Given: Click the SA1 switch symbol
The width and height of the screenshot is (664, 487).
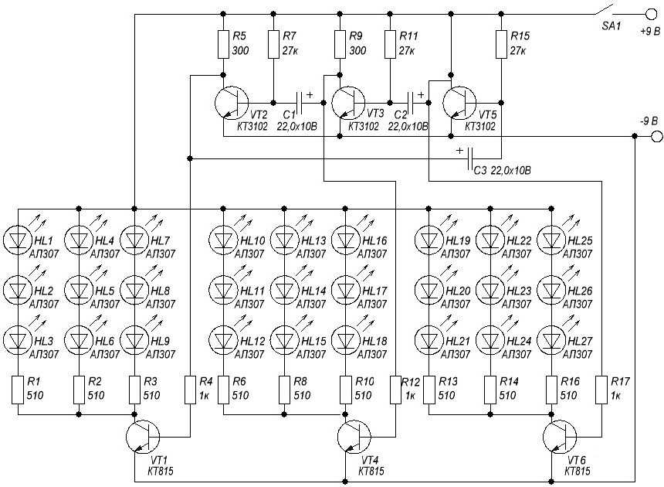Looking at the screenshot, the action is pos(604,10).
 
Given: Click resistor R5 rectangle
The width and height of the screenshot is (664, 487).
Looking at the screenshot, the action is pos(223,44).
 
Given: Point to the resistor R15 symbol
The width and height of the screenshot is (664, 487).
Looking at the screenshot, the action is pos(501,44).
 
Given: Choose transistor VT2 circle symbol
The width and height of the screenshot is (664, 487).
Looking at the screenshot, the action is pos(231,103).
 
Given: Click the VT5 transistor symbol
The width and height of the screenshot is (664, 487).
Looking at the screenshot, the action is pos(459,103).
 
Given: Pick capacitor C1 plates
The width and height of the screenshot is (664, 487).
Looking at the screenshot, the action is pos(299,103).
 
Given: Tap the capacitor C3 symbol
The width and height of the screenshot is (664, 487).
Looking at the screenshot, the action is pos(469,158).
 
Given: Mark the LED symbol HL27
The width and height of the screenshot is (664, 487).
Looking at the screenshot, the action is pos(551,340).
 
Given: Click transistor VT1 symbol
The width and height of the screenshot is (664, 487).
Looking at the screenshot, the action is pos(143,437).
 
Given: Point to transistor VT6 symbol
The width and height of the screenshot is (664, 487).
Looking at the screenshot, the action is pos(560,437).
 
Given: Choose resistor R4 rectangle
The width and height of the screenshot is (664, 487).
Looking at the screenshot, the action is pos(191,390).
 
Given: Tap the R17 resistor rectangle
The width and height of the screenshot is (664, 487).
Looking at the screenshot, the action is pos(601,390).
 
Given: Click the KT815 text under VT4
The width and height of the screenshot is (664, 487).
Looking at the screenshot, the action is pos(371,472).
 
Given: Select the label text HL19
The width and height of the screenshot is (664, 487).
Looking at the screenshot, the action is pos(458,240).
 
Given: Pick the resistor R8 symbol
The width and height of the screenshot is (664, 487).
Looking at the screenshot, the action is pos(285,390).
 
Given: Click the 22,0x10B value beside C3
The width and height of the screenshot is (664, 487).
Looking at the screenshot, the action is pos(510,170).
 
